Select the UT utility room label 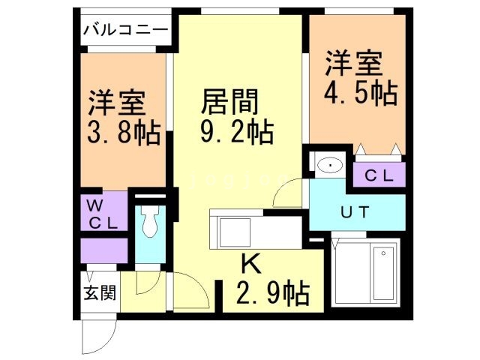pyautogui.click(x=355, y=211)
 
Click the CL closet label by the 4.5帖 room pyautogui.click(x=379, y=175)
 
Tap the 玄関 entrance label pyautogui.click(x=99, y=291)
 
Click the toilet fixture pyautogui.click(x=150, y=222)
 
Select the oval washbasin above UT pyautogui.click(x=328, y=164)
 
